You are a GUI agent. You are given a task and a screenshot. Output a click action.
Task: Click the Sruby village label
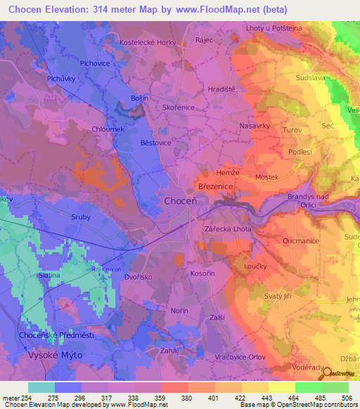(81, 217)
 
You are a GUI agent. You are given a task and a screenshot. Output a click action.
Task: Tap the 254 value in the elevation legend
(21, 398)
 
